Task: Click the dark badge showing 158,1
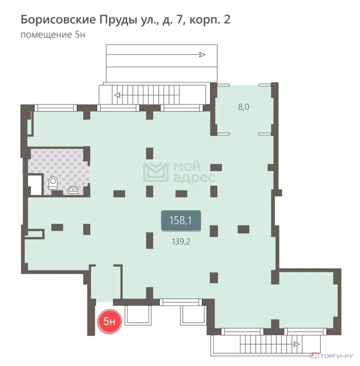(180, 221)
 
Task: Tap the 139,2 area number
(180, 242)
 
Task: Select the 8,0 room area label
(244, 107)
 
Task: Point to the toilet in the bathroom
(53, 183)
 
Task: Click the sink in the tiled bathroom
(73, 190)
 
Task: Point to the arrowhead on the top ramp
(202, 55)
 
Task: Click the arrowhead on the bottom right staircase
(297, 343)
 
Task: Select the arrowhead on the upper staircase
(118, 95)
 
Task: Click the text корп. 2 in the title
(211, 20)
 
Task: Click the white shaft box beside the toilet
(34, 184)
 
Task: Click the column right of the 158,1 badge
(214, 231)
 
